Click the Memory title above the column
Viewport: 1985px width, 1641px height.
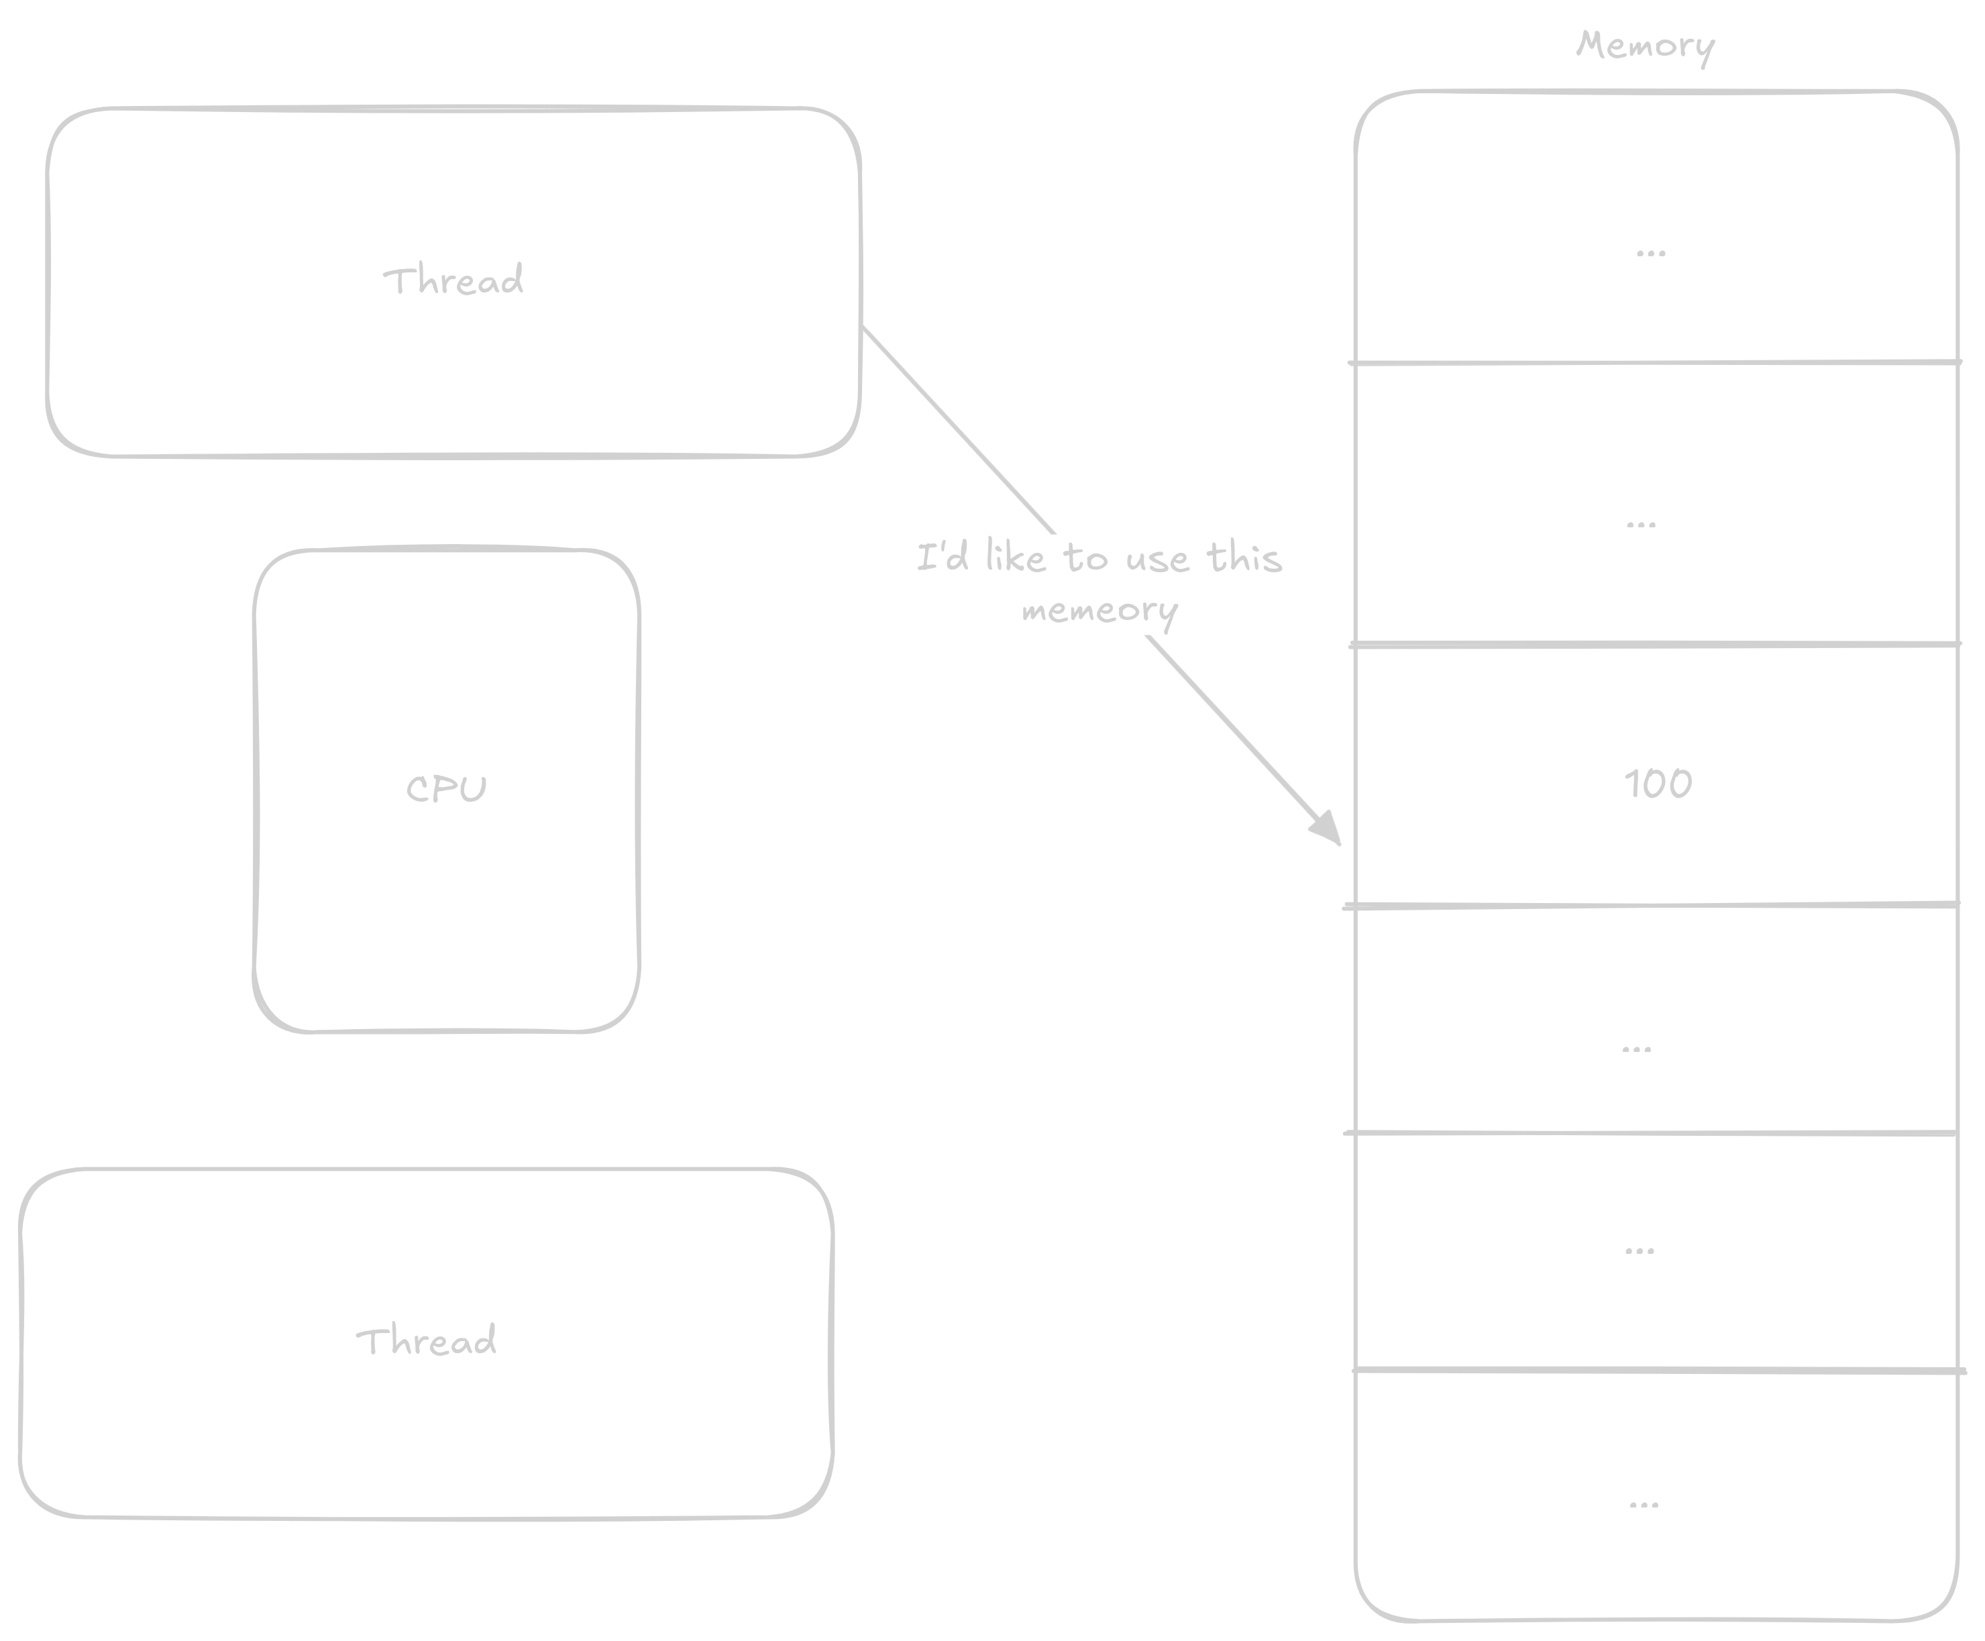point(1645,46)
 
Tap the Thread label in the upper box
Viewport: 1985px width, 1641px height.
point(453,280)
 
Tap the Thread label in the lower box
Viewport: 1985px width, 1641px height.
point(426,1341)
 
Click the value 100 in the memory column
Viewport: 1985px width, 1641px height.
point(1658,784)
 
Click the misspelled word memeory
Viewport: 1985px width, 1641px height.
point(1099,611)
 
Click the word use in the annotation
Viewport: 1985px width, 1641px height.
point(1157,560)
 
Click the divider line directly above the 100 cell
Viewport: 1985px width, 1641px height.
point(1654,645)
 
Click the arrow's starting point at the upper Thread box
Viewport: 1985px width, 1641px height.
point(865,329)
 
